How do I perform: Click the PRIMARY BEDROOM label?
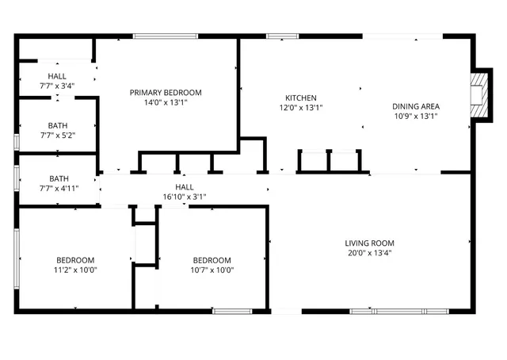pos(166,93)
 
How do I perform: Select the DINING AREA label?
pos(416,106)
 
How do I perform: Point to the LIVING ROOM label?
pos(369,243)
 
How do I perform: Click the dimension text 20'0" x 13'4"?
pos(369,253)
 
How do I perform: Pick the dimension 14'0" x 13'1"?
pos(166,102)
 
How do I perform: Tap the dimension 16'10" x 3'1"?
pos(184,197)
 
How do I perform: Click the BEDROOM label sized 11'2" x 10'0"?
pos(75,260)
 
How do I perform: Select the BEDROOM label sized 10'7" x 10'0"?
pos(212,260)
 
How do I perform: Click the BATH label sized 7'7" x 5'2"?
pos(58,125)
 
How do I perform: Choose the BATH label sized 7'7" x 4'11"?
pos(58,179)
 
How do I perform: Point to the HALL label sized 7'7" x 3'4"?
pos(57,75)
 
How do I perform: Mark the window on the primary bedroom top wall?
pos(165,36)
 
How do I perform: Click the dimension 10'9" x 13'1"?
pos(416,116)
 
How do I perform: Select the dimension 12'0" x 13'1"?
pos(301,107)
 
